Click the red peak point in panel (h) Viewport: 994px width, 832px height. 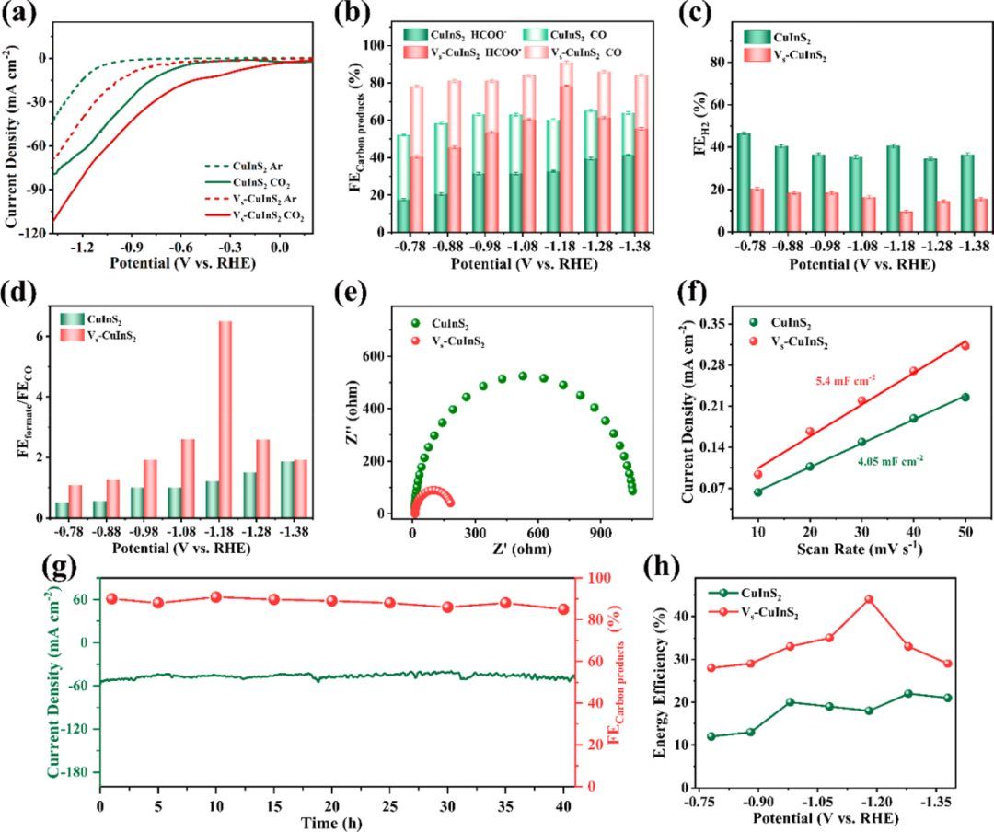(868, 599)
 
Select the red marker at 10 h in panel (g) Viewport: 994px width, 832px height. (216, 596)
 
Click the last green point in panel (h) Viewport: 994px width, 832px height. (947, 698)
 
